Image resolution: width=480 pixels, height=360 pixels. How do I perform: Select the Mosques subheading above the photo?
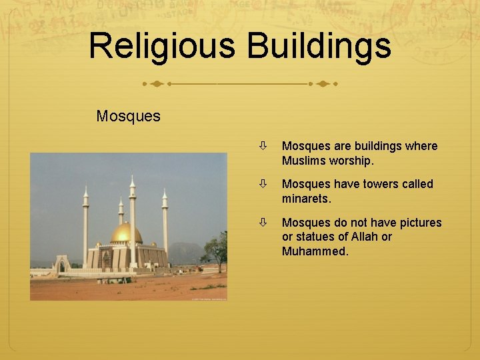pyautogui.click(x=128, y=116)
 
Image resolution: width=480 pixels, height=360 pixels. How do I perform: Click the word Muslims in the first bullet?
pyautogui.click(x=305, y=161)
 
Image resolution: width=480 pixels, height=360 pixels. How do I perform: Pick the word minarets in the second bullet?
pyautogui.click(x=306, y=199)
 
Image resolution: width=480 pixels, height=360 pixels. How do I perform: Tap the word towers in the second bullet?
pyautogui.click(x=382, y=184)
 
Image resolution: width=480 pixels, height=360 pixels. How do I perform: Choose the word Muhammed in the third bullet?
pyautogui.click(x=315, y=251)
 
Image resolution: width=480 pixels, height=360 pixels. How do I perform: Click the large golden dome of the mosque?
pyautogui.click(x=126, y=233)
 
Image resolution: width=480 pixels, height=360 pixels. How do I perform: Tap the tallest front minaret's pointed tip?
pyautogui.click(x=132, y=177)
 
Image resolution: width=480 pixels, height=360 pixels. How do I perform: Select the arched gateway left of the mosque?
pyautogui.click(x=62, y=265)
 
